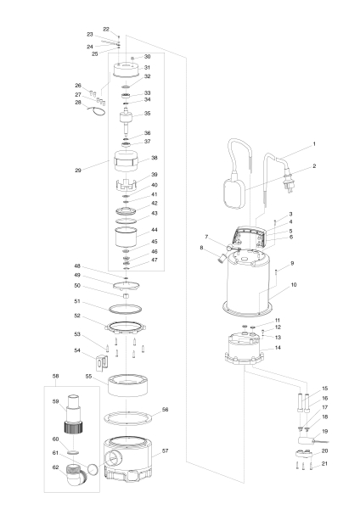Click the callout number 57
tap(166, 450)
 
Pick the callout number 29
tap(78, 171)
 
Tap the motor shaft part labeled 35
tap(126, 115)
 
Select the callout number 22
tap(106, 29)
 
